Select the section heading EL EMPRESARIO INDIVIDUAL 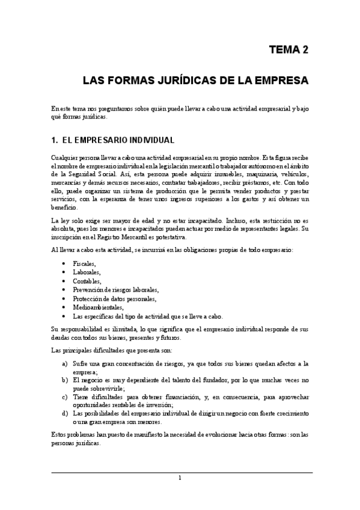[118, 141]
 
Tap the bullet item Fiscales [84, 264]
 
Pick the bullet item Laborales [87, 272]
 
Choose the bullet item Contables [87, 281]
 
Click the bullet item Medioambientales [97, 307]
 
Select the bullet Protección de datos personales [114, 298]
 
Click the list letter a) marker [64, 364]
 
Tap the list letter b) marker [64, 380]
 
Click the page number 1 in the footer [180, 478]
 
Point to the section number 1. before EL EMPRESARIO [55, 141]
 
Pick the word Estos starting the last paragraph [59, 434]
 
